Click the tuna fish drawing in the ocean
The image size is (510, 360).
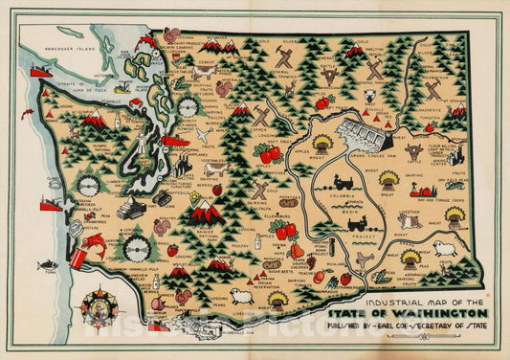[47, 264]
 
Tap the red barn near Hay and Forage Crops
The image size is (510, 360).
[419, 191]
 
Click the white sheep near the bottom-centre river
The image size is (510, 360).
[241, 295]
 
